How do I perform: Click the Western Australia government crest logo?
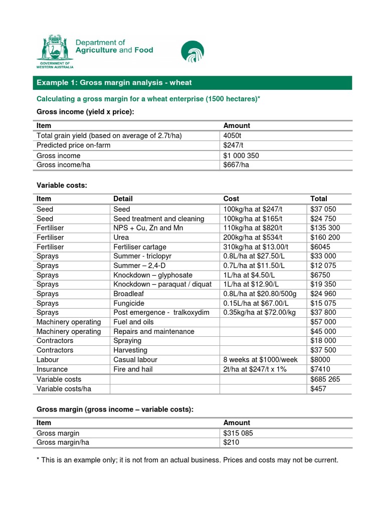(55, 51)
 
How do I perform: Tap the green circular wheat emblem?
(193, 52)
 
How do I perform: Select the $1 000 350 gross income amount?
(241, 155)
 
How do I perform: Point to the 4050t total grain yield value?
(233, 136)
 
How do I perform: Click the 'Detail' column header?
(123, 199)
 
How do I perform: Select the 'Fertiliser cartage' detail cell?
(140, 247)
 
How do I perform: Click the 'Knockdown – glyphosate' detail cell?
(153, 275)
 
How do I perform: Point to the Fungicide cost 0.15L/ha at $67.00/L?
(263, 303)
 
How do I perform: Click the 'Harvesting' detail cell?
(129, 350)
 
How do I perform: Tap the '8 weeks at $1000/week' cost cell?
(261, 360)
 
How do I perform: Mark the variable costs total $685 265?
(325, 379)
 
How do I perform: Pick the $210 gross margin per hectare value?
(232, 443)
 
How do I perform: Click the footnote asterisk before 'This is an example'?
(38, 460)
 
